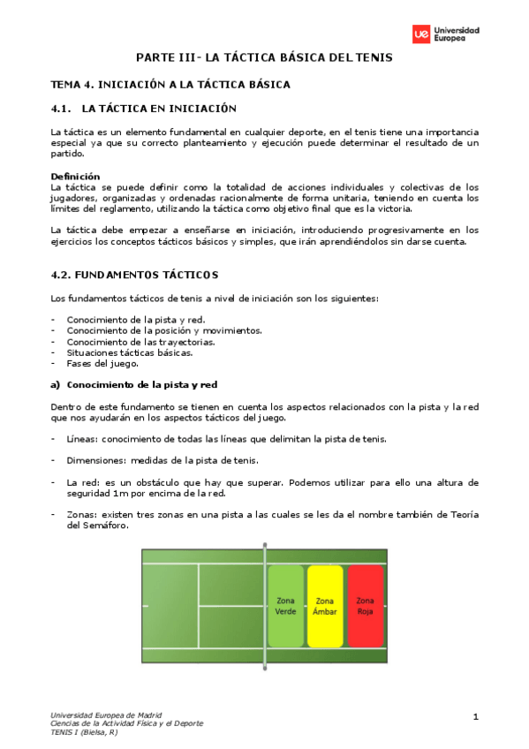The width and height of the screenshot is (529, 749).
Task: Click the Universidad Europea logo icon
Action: [x=421, y=34]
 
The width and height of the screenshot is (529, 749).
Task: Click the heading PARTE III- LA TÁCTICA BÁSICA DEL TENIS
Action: [x=263, y=57]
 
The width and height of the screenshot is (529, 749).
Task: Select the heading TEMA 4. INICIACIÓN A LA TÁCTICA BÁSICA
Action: [x=170, y=85]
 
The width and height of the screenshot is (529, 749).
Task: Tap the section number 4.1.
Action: [x=61, y=109]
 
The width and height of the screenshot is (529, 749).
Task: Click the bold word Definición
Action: [x=75, y=176]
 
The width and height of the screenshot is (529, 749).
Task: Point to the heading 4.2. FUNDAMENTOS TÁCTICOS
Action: [x=134, y=275]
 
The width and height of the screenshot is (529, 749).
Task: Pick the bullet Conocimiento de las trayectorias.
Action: [x=140, y=341]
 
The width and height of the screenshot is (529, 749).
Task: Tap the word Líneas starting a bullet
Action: [x=82, y=439]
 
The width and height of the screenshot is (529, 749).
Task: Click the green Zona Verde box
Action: [x=286, y=605]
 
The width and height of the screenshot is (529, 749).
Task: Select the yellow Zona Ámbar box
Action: [x=325, y=605]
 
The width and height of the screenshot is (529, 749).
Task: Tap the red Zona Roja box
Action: [x=365, y=605]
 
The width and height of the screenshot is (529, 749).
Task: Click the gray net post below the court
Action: [x=263, y=666]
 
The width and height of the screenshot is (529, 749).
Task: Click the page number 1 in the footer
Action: [x=475, y=715]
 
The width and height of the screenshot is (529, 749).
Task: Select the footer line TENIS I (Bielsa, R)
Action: [x=84, y=731]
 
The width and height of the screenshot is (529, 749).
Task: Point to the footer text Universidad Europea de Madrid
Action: [x=106, y=715]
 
